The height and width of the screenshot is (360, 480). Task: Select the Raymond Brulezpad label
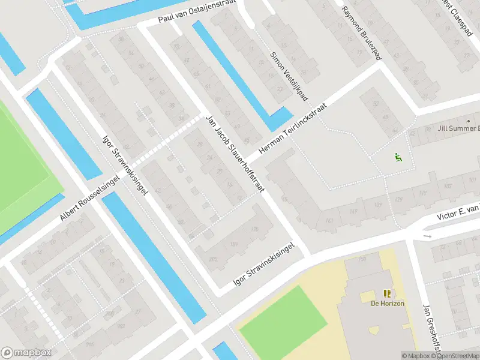coord(361,33)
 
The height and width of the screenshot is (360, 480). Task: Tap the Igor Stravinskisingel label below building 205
coord(263,265)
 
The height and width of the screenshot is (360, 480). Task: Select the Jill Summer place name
coord(459,128)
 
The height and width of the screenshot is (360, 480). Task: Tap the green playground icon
coord(397,158)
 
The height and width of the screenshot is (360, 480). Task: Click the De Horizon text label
coord(387,304)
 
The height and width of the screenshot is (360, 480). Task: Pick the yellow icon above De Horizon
coord(387,293)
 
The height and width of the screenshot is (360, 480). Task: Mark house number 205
coord(212,259)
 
